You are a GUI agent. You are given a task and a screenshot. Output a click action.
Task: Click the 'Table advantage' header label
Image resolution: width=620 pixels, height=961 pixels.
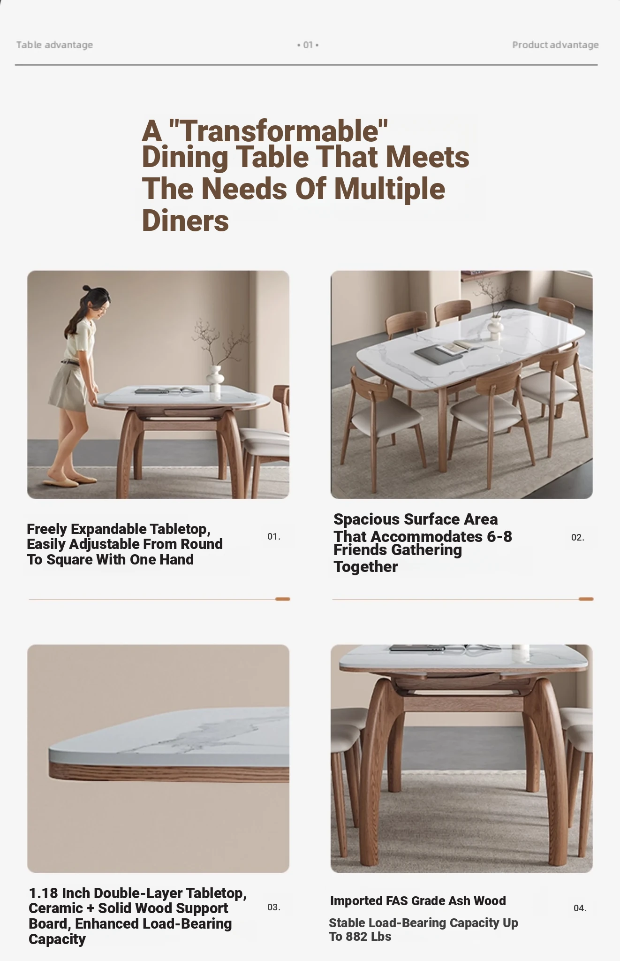point(54,45)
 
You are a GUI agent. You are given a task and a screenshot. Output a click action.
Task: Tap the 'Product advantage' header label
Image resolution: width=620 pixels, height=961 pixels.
point(555,45)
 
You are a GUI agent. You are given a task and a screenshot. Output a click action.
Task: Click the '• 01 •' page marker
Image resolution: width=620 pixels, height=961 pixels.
point(308,45)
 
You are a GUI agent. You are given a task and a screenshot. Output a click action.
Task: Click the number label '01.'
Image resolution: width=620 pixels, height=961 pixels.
point(274,536)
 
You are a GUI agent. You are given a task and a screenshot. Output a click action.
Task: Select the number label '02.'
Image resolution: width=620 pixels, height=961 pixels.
point(578,537)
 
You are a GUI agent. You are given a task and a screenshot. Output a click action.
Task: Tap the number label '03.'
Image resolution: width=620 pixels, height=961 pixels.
point(274,907)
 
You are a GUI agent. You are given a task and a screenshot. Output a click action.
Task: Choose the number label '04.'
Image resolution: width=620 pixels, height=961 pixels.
point(580,908)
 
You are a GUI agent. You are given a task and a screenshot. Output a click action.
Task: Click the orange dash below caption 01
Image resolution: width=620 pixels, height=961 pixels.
point(283,599)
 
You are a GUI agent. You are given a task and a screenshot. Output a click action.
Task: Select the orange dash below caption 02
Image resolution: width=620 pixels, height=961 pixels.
point(586,599)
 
